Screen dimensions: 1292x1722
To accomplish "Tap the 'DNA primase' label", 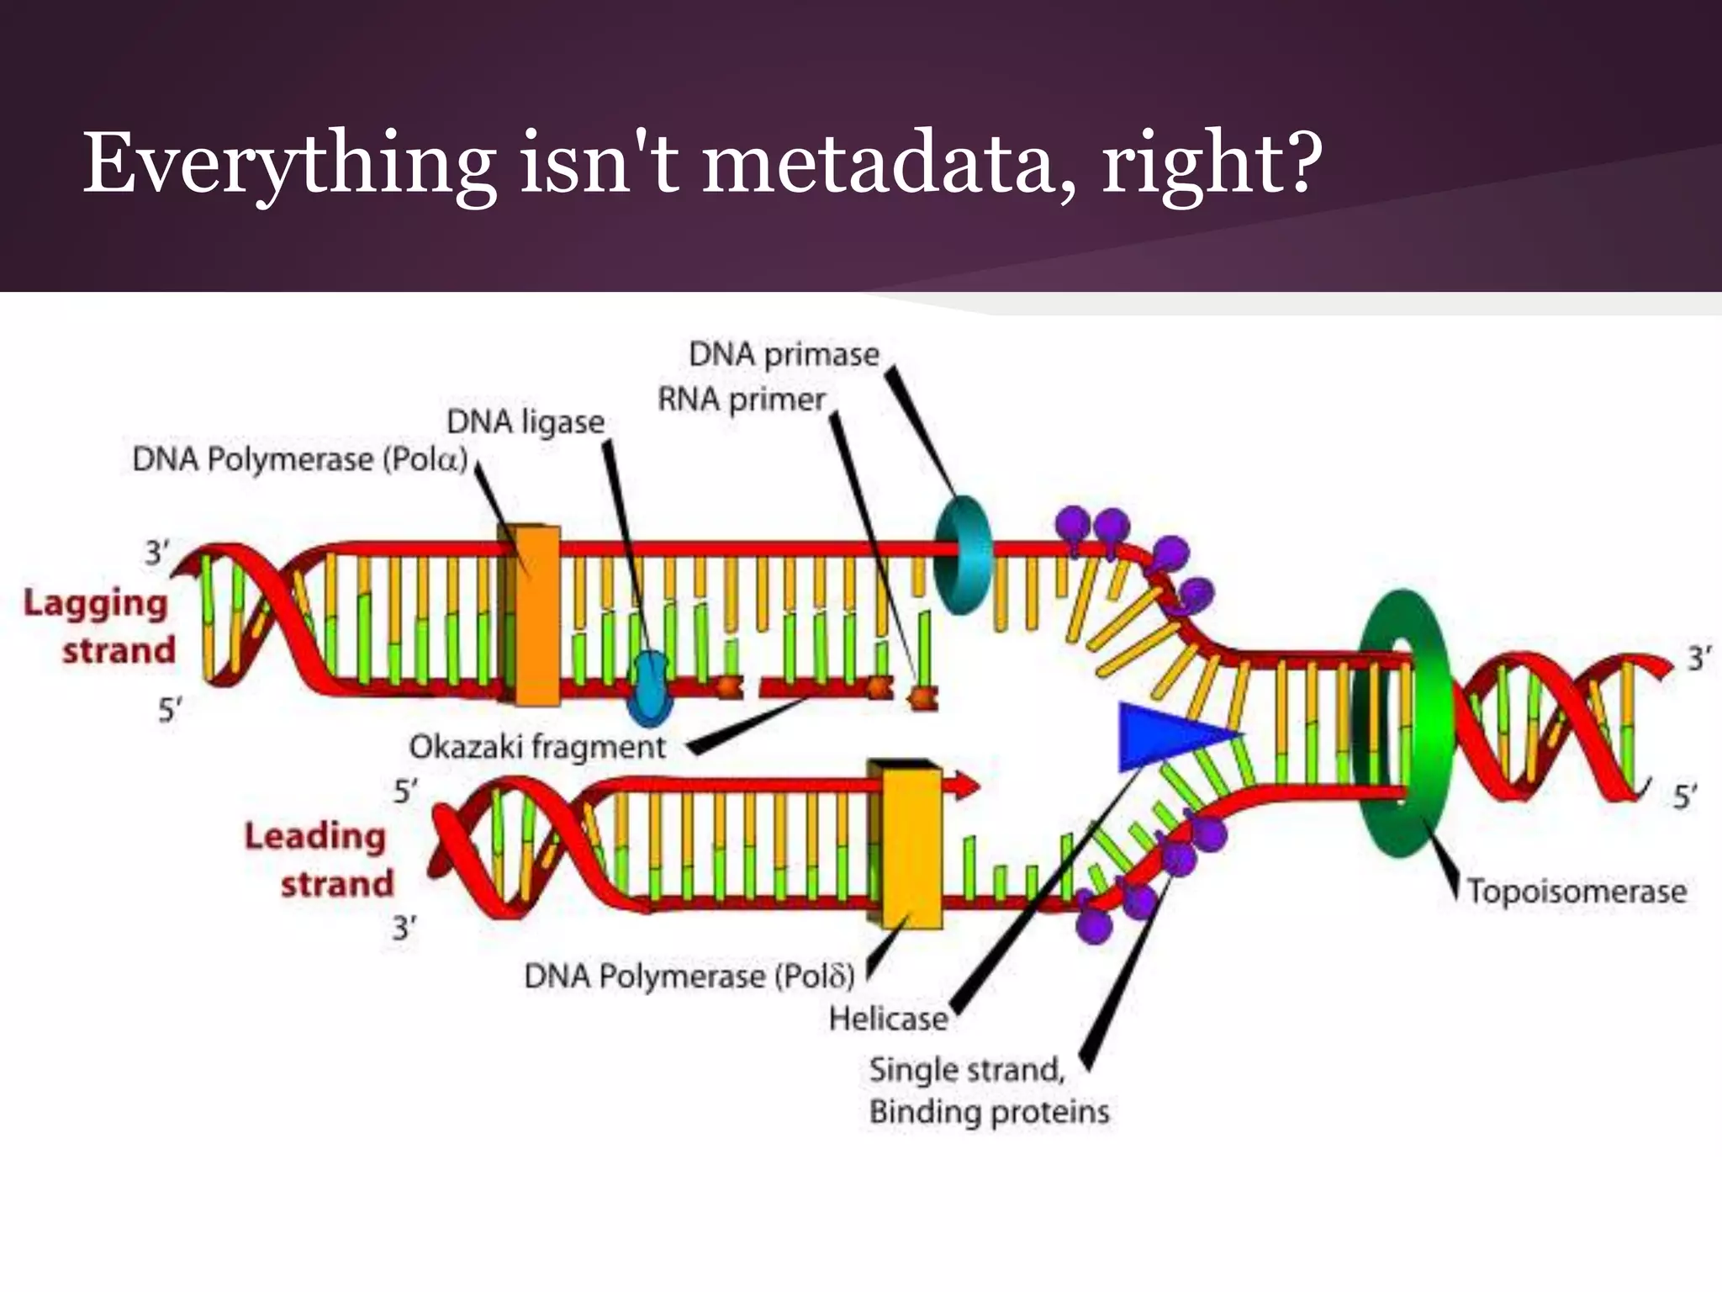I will tap(784, 354).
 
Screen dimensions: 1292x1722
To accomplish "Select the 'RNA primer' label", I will tap(742, 400).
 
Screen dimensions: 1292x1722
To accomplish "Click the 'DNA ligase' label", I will tap(526, 422).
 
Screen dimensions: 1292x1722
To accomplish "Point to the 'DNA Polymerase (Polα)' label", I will tap(299, 460).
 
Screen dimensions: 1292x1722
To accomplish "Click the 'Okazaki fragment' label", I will tap(537, 747).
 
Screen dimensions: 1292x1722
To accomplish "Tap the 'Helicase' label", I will tap(888, 1019).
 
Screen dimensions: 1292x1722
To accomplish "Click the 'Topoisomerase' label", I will tap(1577, 892).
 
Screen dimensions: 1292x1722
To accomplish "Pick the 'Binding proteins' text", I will tap(989, 1113).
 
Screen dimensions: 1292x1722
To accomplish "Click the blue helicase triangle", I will tap(1165, 737).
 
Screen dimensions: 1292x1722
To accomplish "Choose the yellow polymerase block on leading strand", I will tap(906, 845).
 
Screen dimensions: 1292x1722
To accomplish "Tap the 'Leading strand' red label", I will tap(318, 860).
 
